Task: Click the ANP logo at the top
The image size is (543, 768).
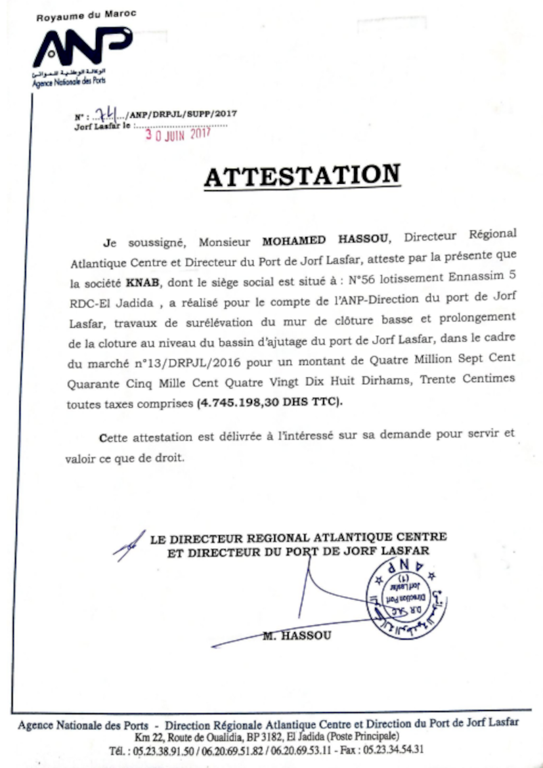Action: (81, 47)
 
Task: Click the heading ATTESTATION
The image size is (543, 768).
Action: (301, 176)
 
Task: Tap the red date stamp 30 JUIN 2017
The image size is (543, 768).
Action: (177, 134)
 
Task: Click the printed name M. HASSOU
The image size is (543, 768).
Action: (296, 635)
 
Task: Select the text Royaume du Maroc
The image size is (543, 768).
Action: (86, 14)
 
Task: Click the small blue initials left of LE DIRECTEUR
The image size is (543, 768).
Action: (129, 545)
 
